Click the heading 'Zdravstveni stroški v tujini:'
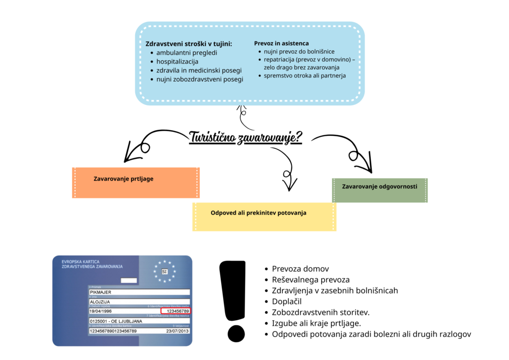tap(188, 43)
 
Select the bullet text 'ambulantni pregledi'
tap(186, 53)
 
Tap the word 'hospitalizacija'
tap(177, 62)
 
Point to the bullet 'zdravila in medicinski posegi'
tap(199, 71)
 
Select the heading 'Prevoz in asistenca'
tap(281, 43)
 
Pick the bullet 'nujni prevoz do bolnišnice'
tap(299, 52)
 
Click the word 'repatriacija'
tap(280, 60)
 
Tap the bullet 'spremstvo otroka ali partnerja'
tap(305, 76)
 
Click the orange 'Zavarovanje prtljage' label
tap(123, 179)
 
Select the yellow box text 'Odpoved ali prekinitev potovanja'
tap(258, 213)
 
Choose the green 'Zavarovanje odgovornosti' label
tap(379, 186)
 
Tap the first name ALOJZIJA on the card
tap(99, 302)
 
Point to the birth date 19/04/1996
tap(100, 311)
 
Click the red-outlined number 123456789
tap(177, 311)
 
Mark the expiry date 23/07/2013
tap(177, 331)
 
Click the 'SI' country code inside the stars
tap(165, 271)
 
